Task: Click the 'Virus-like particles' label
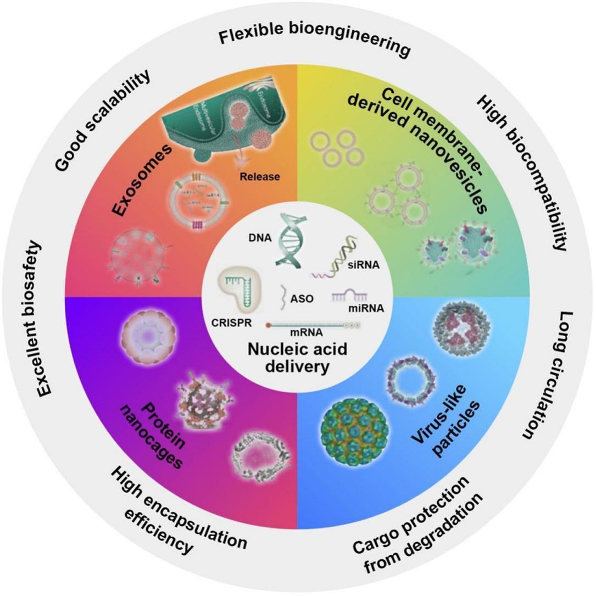pos(445,422)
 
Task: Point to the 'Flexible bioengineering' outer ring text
pos(314,42)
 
